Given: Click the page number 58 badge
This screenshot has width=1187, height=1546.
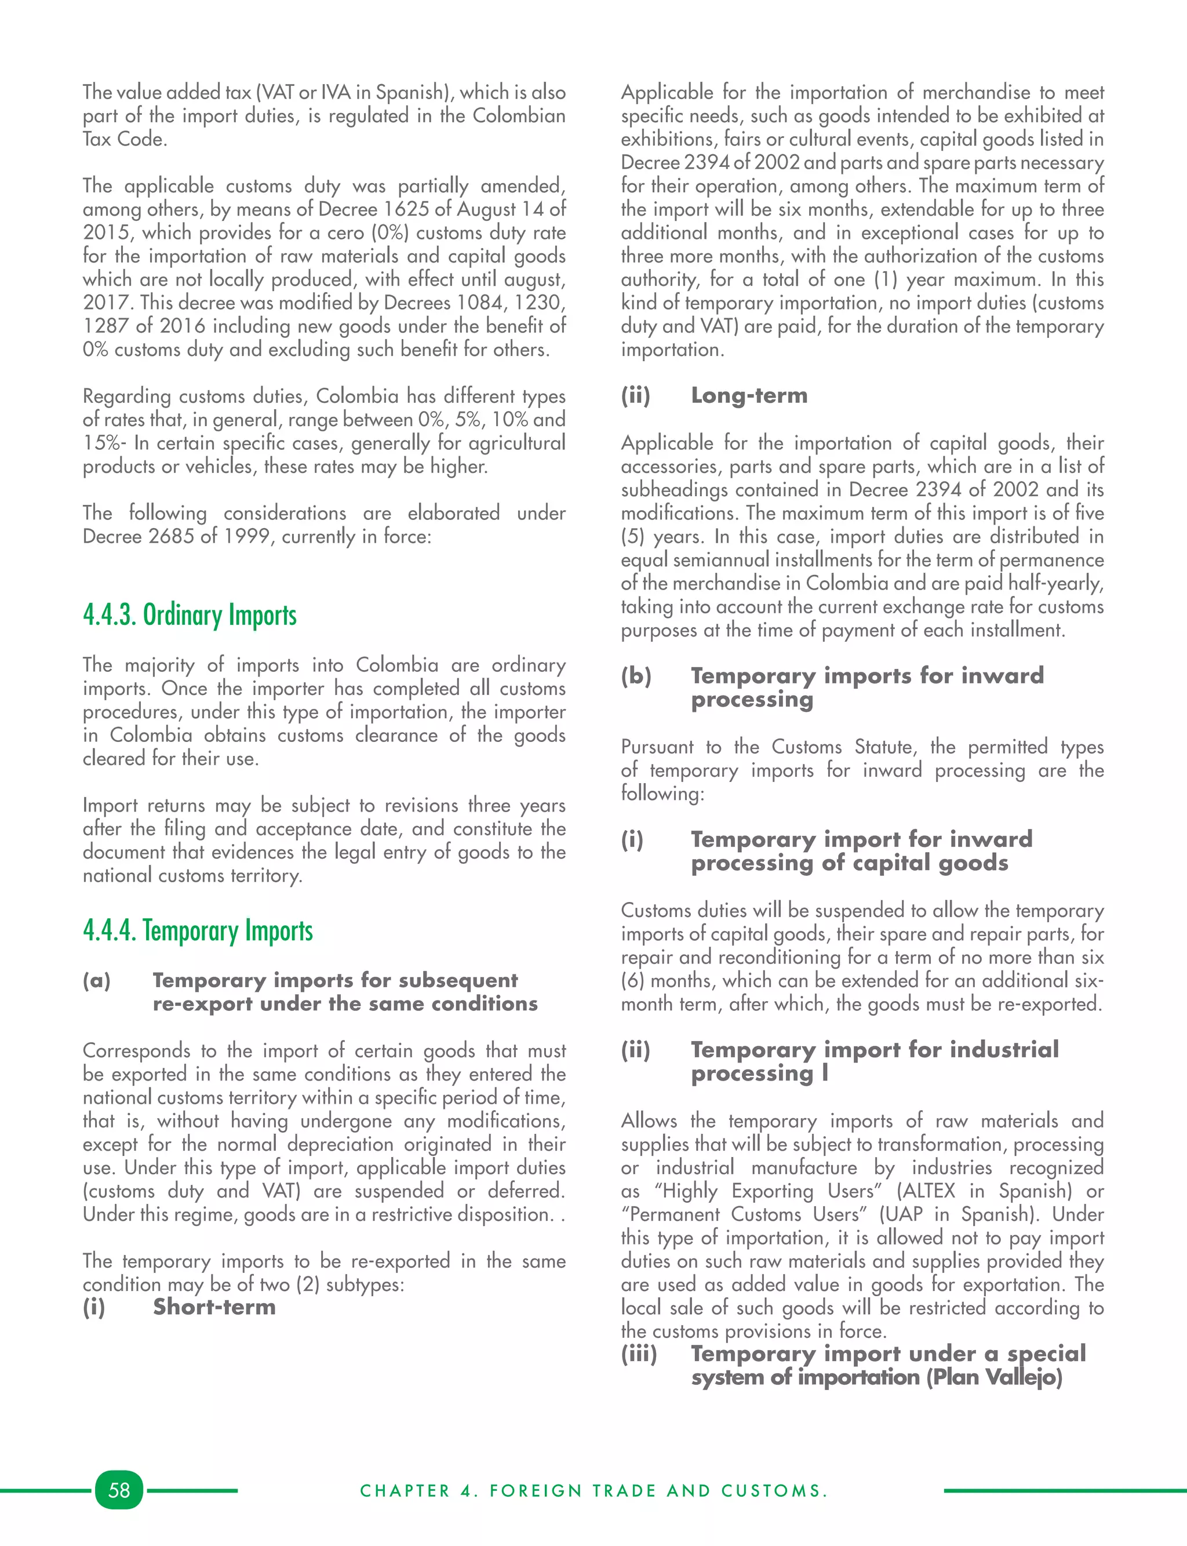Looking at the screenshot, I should pos(119,1490).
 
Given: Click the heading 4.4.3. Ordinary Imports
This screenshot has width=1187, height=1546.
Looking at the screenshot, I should pos(190,614).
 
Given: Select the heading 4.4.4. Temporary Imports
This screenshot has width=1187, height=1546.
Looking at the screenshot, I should pos(198,930).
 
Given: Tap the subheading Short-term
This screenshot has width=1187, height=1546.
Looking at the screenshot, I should pos(214,1307).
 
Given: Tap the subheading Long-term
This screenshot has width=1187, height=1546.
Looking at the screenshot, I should pos(749,395).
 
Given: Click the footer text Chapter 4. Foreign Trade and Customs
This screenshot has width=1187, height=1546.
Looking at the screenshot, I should pos(593,1491).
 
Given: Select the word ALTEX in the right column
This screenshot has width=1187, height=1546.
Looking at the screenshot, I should pos(929,1191).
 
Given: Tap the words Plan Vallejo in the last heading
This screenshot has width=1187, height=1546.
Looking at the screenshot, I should pos(994,1377).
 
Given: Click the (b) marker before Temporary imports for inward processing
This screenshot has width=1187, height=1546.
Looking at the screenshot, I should pos(636,676).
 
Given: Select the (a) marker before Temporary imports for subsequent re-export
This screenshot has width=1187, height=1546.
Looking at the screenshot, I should pos(97,981).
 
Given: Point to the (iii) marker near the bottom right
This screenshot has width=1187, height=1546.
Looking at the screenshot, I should pos(639,1354).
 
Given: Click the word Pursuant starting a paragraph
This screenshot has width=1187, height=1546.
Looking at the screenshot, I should pos(656,747).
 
